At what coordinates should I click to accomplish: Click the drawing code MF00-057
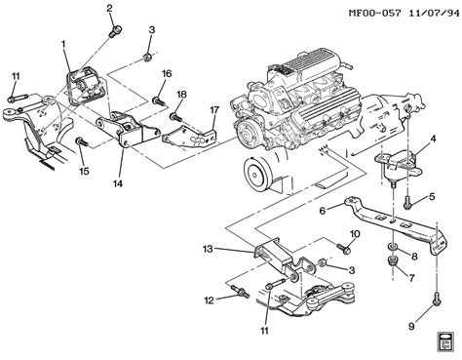click(374, 14)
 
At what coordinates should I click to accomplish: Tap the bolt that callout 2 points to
click(116, 31)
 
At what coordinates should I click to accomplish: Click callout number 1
click(63, 44)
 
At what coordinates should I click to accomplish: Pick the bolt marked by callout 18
click(176, 116)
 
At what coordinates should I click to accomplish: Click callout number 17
click(214, 110)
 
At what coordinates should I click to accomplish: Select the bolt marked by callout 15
click(82, 142)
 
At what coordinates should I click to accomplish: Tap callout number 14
click(118, 183)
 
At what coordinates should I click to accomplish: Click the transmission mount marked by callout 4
click(398, 165)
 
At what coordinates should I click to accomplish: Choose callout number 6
click(323, 211)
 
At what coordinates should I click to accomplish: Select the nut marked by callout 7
click(393, 260)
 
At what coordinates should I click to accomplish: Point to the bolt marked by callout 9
click(437, 300)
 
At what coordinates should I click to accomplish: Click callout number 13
click(208, 250)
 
